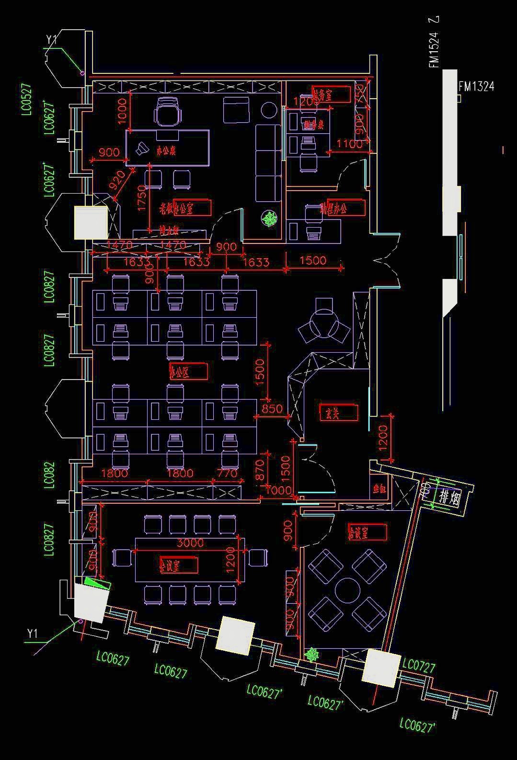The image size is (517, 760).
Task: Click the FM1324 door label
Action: coord(476,86)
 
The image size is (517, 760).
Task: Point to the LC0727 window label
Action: coord(419,666)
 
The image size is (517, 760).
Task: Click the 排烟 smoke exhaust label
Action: coord(449,498)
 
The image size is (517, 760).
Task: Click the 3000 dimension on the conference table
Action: coord(190,543)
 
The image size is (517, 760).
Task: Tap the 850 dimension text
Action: coord(272,409)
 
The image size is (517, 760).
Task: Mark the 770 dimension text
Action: coord(227,473)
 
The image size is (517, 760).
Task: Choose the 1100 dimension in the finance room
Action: coord(349,143)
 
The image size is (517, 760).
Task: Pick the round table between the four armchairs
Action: coord(347,590)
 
